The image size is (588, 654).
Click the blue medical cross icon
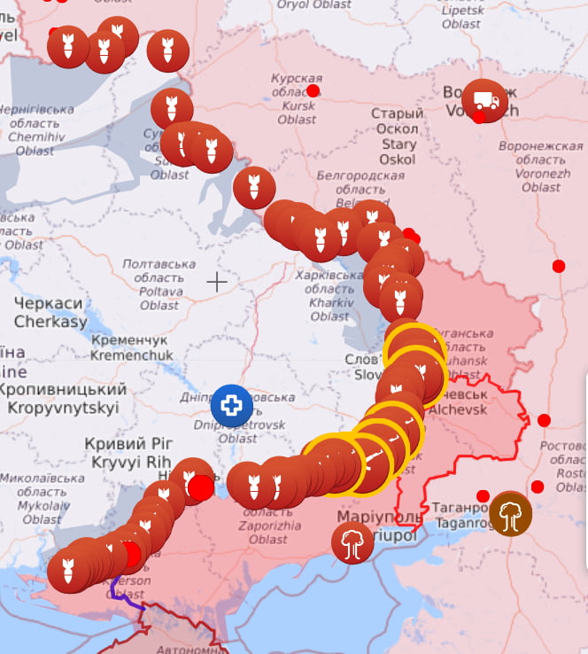click(x=230, y=406)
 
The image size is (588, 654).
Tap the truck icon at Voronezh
click(x=484, y=101)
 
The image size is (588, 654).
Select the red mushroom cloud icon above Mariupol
click(x=352, y=542)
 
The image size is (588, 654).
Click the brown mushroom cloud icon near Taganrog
click(x=511, y=514)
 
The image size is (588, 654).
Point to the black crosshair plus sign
click(x=216, y=283)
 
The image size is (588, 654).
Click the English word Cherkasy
click(x=50, y=321)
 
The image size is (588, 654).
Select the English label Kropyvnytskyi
click(x=63, y=408)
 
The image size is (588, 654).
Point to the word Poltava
click(x=159, y=292)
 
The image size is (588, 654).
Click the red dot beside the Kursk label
click(x=313, y=90)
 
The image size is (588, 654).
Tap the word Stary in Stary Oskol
click(x=398, y=144)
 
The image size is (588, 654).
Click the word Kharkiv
click(x=329, y=302)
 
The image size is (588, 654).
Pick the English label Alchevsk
click(x=457, y=409)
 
